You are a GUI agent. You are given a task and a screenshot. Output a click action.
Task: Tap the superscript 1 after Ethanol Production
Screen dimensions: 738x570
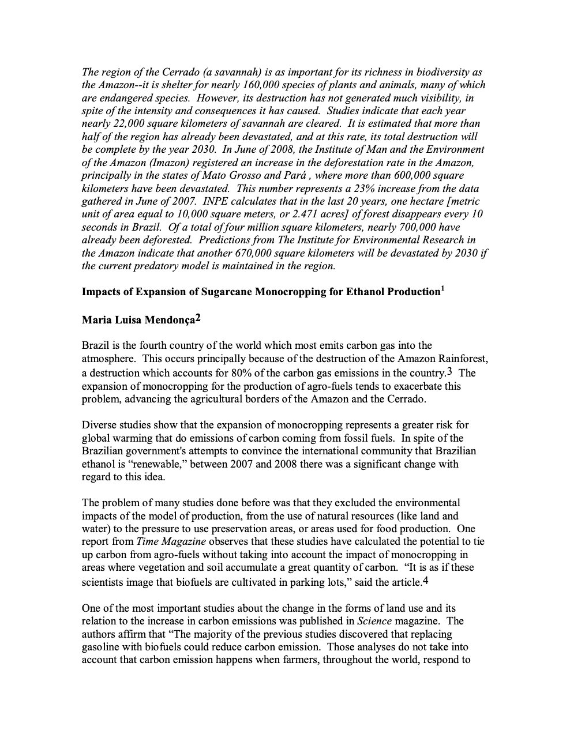(x=442, y=288)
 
